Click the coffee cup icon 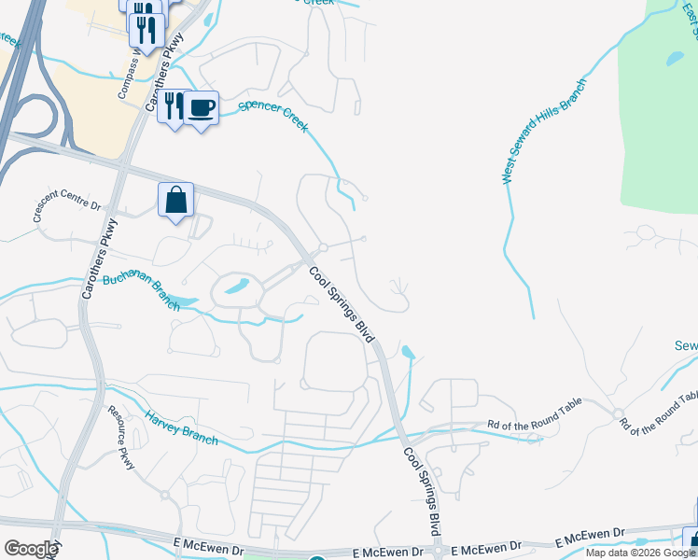click(202, 107)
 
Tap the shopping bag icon click(175, 200)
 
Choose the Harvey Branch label click(181, 427)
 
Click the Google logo click(30, 549)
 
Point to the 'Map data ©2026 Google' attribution click(640, 553)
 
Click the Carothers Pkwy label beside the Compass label click(161, 79)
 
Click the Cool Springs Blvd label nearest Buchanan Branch click(344, 304)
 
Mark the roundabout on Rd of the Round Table click(617, 413)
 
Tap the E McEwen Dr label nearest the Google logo click(208, 545)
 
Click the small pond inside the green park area click(675, 58)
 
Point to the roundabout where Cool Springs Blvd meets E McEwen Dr click(437, 552)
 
